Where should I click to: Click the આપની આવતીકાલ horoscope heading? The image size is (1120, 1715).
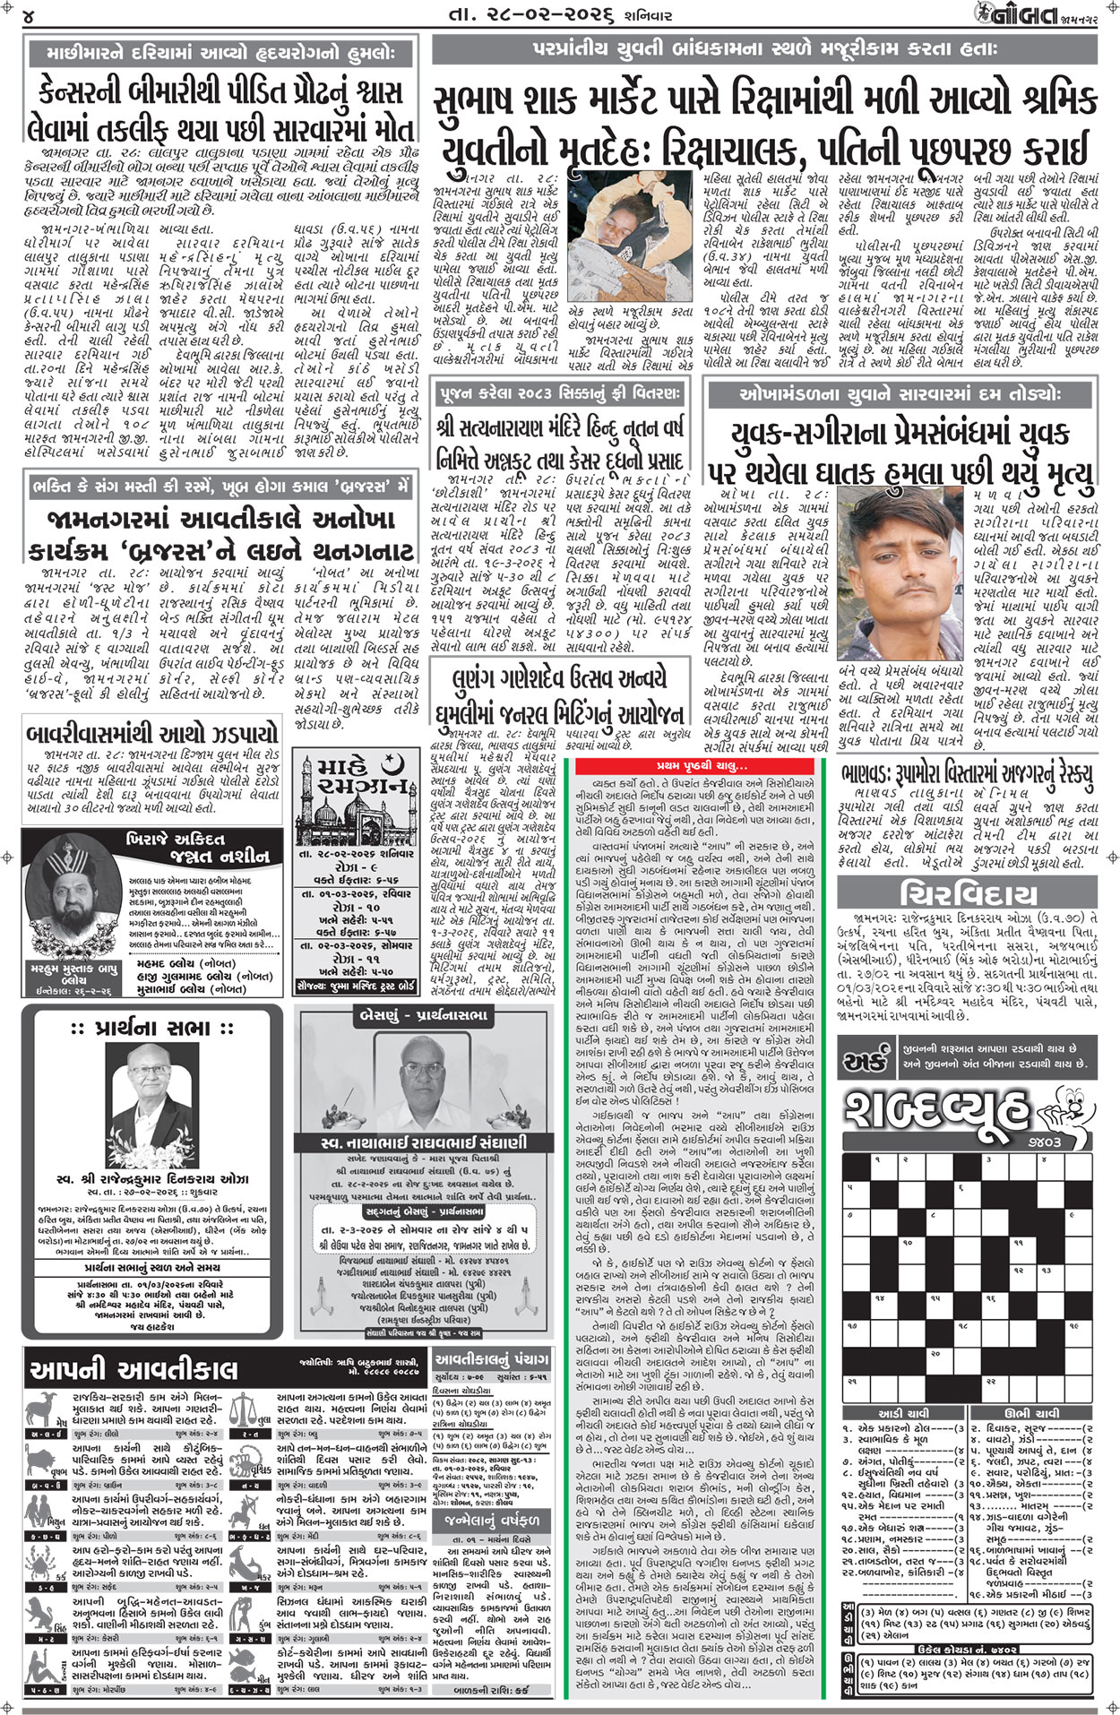coord(134,1368)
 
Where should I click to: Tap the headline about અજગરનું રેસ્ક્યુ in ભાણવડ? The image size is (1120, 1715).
coord(968,772)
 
